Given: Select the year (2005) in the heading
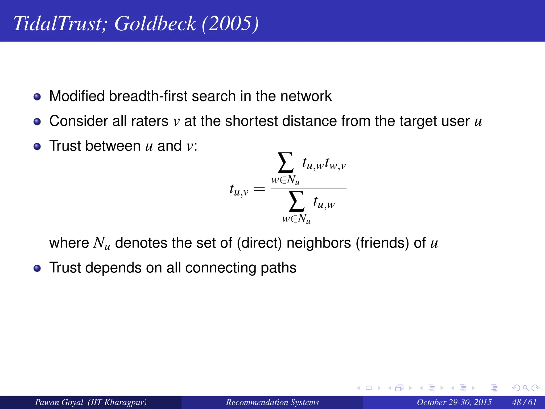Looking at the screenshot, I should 230,24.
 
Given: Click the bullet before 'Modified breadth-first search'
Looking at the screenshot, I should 37,97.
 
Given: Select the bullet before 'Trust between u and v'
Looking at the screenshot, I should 37,146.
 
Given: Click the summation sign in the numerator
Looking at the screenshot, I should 286,163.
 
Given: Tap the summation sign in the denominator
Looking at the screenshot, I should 296,202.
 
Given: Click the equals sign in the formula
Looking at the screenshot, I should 259,189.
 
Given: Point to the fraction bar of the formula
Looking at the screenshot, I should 309,189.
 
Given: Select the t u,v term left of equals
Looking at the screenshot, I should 239,190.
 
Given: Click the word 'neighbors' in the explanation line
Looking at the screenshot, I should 319,243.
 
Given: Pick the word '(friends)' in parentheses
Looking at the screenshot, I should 382,243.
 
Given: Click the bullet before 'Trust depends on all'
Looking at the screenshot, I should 37,268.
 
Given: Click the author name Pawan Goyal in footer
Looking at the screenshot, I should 59,402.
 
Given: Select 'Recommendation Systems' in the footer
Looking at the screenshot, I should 272,402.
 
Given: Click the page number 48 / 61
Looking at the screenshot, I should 524,402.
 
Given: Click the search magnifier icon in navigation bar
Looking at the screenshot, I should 526,388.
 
